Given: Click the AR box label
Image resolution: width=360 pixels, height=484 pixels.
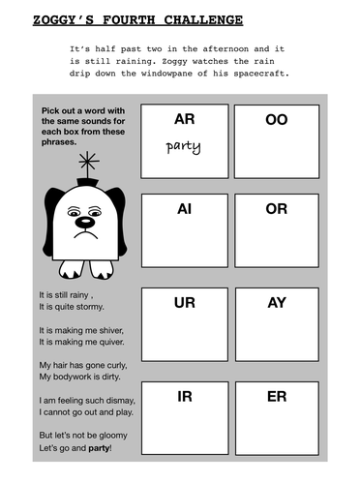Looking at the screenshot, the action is pos(184,119).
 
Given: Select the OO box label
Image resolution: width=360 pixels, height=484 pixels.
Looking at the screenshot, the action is pos(277,119).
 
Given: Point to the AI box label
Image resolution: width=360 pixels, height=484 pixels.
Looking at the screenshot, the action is pos(184,208).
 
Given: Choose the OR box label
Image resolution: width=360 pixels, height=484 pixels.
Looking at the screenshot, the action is pos(277,208).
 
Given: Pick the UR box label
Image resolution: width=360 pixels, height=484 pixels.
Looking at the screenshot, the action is pos(184,303).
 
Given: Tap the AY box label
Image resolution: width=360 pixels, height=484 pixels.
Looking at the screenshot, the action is pos(277,303).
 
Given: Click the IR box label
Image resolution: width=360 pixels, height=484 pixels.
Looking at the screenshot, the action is pos(184,396).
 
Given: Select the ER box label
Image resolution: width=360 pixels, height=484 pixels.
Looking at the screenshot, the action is pos(277,396).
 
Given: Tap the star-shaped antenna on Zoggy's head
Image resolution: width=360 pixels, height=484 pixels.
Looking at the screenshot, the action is pos(88,161).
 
